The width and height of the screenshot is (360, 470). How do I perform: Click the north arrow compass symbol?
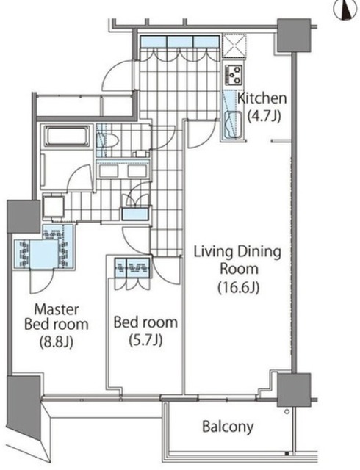347,10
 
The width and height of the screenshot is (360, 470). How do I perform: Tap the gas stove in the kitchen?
234,74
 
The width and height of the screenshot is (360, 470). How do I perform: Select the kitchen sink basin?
234,124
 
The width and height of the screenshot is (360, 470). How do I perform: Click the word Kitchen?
262,98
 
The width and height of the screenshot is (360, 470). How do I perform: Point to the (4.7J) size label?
264,116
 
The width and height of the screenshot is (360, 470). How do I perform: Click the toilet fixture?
108,140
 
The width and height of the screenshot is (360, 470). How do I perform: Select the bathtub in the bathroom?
67,136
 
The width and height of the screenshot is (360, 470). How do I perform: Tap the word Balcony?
228,426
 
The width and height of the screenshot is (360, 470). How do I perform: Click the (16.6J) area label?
239,287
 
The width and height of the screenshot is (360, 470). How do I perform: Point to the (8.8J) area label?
57,341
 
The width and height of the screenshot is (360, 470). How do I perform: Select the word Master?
57,309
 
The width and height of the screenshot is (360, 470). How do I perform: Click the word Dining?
259,253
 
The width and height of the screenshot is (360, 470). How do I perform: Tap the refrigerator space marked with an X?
234,46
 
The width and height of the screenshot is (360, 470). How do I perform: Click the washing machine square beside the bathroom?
54,206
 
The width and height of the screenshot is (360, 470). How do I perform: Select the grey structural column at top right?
294,35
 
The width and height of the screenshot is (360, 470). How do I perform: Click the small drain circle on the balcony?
287,412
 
